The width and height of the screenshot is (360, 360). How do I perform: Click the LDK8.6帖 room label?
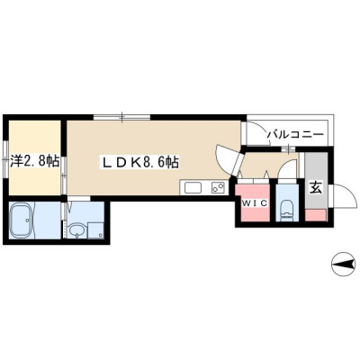coord(140,162)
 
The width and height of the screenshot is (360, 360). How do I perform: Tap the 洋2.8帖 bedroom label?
coord(34,161)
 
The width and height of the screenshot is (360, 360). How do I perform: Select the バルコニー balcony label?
coord(295,134)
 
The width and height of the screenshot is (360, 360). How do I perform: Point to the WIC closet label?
coord(255,203)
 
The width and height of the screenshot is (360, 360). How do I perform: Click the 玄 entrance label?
coord(315,188)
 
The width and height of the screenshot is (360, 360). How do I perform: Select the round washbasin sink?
coord(77,231)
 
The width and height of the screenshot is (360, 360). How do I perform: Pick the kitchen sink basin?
coord(193,188)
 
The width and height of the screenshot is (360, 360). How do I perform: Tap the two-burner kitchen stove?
coord(219,188)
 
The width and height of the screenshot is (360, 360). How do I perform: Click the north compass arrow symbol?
coord(343,265)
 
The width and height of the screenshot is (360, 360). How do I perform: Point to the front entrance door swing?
coord(343,196)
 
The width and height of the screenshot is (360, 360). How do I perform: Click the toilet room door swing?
coord(288,170)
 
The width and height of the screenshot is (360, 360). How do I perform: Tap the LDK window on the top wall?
coord(122,117)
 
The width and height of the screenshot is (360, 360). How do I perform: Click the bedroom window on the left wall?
coord(5,160)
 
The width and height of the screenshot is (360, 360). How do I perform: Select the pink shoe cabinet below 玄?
coord(316,215)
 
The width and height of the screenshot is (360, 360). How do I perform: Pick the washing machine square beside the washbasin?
coord(95,230)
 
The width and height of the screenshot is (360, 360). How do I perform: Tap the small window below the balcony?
coord(288,148)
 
